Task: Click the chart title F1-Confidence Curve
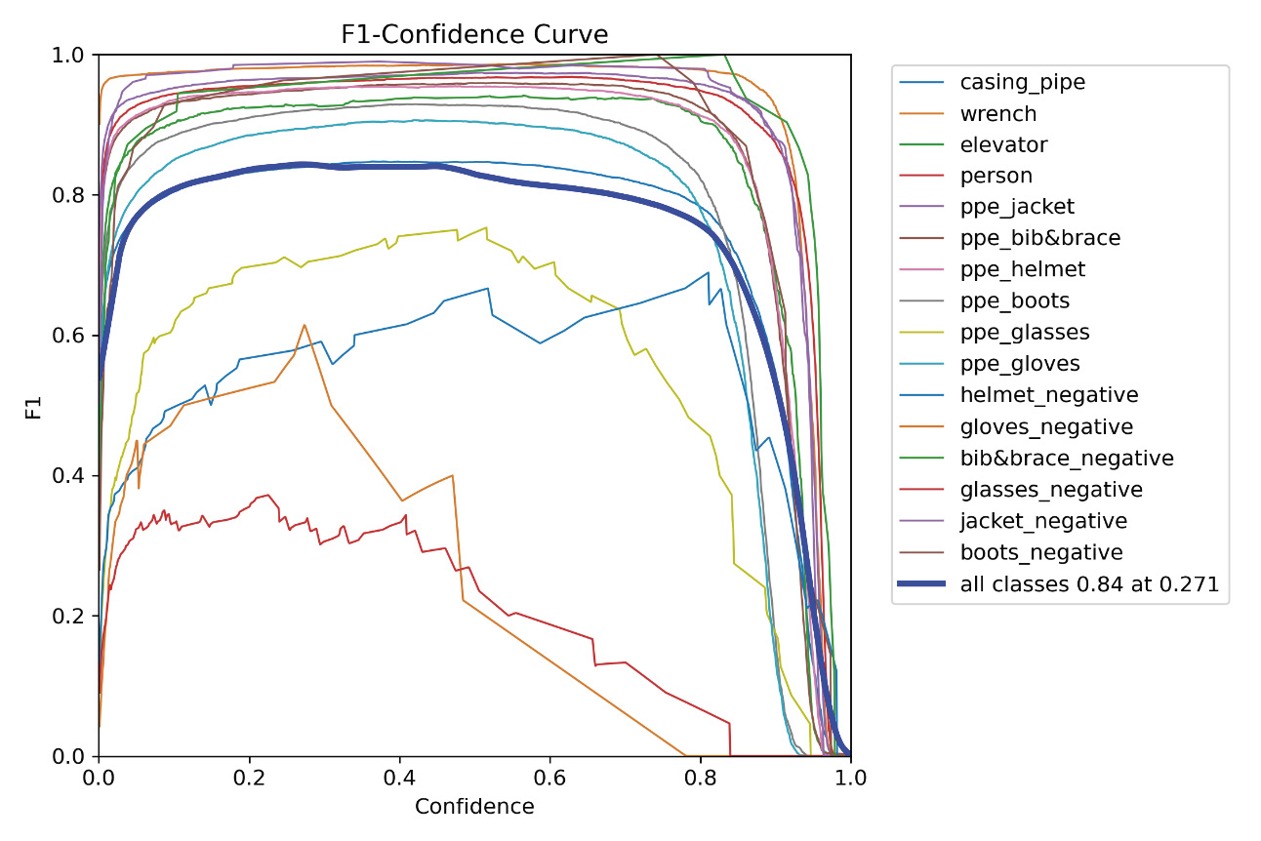(474, 35)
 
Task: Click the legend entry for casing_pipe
(1022, 82)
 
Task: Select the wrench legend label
(997, 113)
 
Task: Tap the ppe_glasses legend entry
(1025, 332)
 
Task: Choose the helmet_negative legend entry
(1049, 394)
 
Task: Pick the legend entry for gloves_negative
(1046, 426)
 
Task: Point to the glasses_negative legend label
(1051, 489)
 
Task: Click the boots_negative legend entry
(1041, 552)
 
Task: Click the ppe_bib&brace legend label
(1040, 238)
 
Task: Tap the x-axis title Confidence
(474, 807)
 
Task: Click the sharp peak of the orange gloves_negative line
(305, 325)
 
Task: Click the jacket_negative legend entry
(1043, 520)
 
